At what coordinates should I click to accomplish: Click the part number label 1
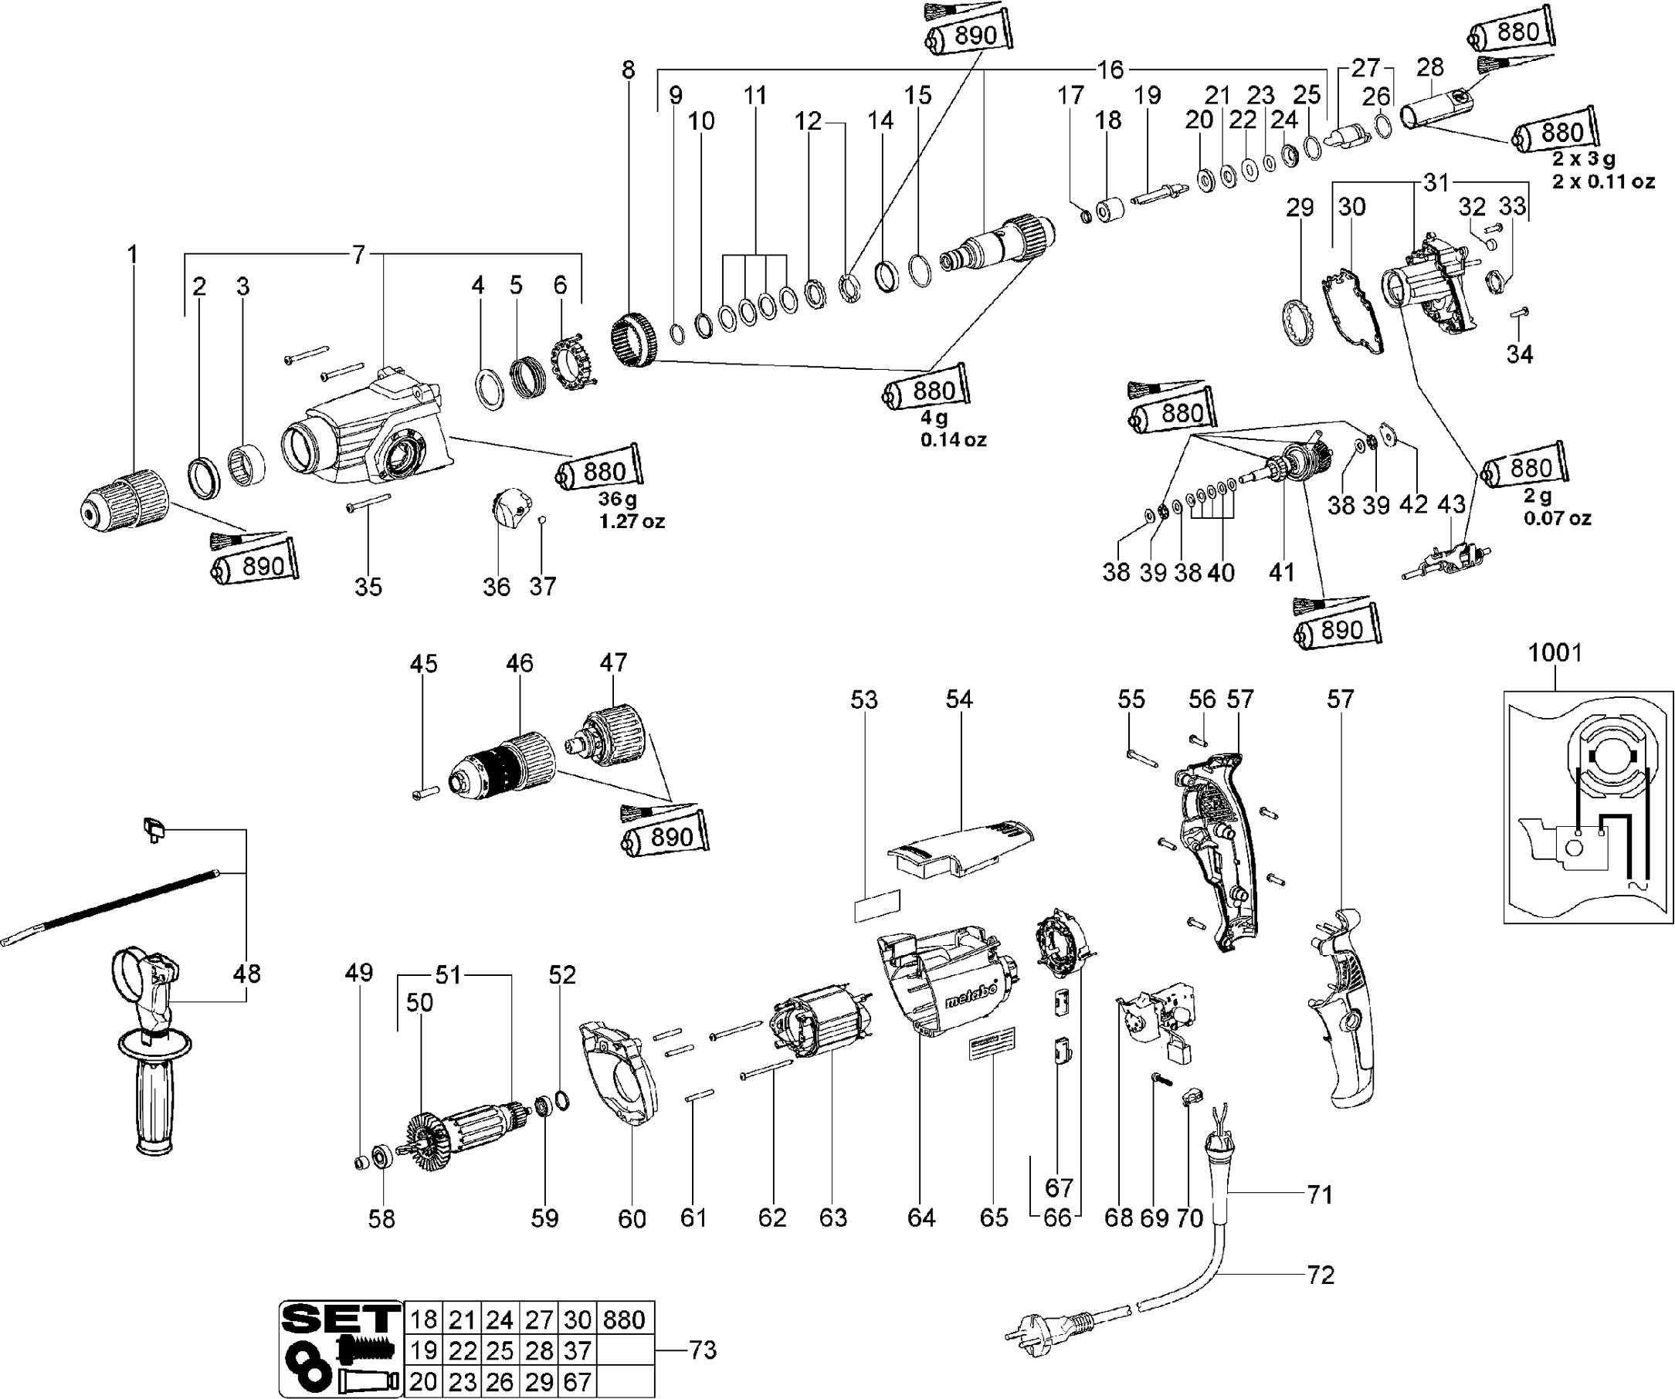tap(132, 255)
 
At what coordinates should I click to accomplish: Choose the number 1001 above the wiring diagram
tap(1555, 652)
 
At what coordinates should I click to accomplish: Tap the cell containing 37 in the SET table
tap(578, 1350)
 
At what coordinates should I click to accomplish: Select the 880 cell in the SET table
tap(624, 1319)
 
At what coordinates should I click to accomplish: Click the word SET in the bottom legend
tap(340, 1319)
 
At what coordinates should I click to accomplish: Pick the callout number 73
tap(702, 1350)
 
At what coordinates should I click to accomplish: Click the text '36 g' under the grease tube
tap(618, 500)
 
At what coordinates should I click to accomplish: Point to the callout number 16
tap(1110, 70)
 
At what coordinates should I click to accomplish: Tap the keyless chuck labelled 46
tap(503, 767)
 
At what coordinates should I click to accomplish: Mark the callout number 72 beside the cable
tap(1320, 1275)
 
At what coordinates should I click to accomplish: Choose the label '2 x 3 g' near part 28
tap(1583, 159)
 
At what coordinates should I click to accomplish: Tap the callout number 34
tap(1520, 354)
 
